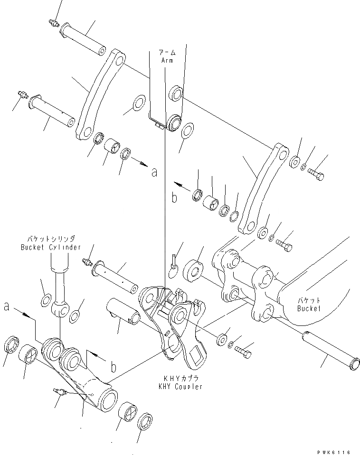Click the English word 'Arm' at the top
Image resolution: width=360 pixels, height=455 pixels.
167,61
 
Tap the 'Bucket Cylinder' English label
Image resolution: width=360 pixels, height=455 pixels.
51,248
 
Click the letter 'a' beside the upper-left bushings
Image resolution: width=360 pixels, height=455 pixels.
153,173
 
